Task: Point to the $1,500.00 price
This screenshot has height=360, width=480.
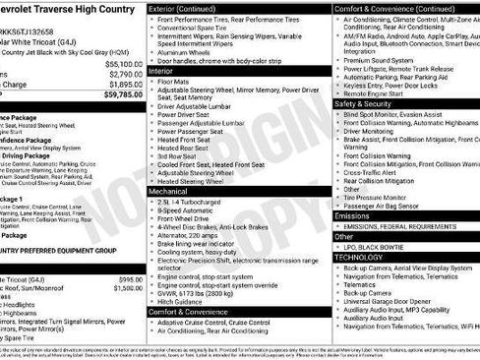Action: click(128, 288)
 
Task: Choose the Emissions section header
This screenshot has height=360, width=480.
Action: click(353, 215)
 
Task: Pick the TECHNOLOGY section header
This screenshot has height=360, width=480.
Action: click(359, 257)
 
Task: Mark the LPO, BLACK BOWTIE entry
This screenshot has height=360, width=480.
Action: click(378, 247)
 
